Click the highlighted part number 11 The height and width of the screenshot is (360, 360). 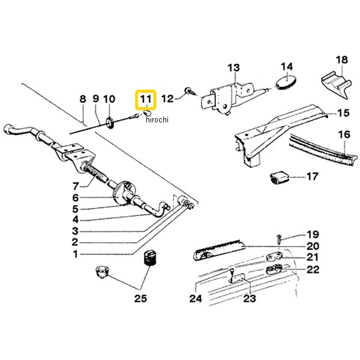click(146, 99)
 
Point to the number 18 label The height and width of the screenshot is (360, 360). click(341, 59)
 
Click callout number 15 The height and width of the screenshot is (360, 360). click(343, 113)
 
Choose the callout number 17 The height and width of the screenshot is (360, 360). click(312, 176)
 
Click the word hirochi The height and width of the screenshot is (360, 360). click(157, 119)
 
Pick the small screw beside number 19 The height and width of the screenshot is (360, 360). click(280, 239)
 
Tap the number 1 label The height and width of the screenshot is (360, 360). click(76, 254)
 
